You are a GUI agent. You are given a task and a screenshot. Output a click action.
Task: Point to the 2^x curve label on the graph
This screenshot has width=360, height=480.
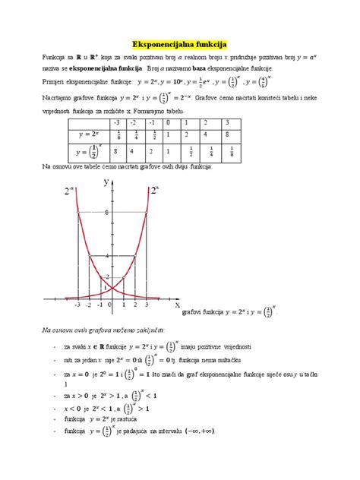pos(155,190)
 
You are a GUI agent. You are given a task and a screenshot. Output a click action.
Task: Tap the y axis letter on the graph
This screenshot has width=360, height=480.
pos(107,180)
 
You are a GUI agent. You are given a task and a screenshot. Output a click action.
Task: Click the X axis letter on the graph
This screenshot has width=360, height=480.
pos(177,305)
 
